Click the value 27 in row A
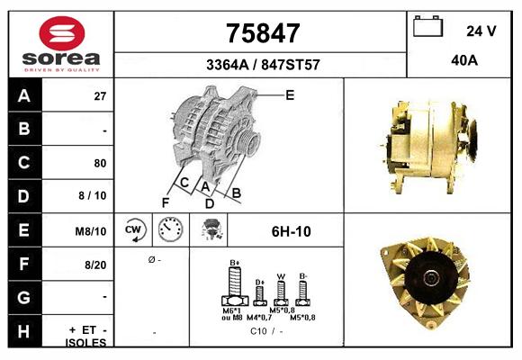coord(100,96)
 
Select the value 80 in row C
coord(100,164)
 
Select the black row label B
coord(23,130)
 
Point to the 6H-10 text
coord(291,231)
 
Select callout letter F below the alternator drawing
coord(166,202)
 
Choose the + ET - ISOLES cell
coord(87,336)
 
